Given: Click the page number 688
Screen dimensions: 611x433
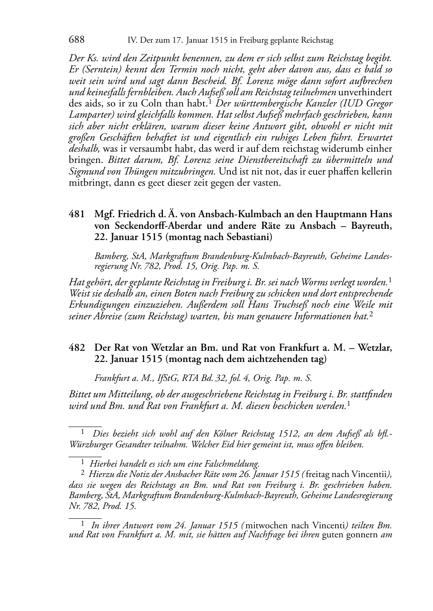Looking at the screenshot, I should click(76, 40).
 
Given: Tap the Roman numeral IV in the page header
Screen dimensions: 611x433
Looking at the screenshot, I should click(133, 41).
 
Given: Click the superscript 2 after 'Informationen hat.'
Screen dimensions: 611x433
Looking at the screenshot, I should click(371, 315).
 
